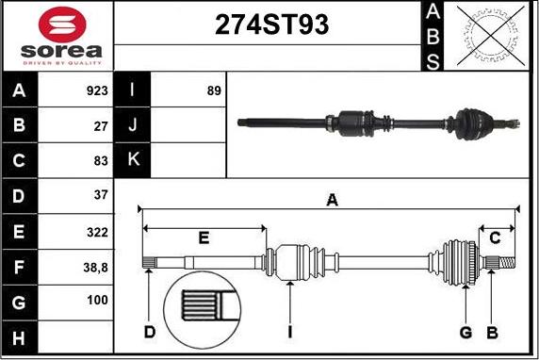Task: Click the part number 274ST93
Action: click(x=271, y=25)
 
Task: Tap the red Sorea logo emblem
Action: click(x=62, y=25)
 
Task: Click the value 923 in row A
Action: click(x=97, y=90)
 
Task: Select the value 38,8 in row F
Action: click(x=95, y=267)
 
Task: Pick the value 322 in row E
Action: click(x=97, y=233)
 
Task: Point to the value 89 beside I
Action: click(x=214, y=90)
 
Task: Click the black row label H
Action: click(x=19, y=337)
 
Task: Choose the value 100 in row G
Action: click(x=97, y=301)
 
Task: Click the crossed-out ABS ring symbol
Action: click(x=491, y=36)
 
